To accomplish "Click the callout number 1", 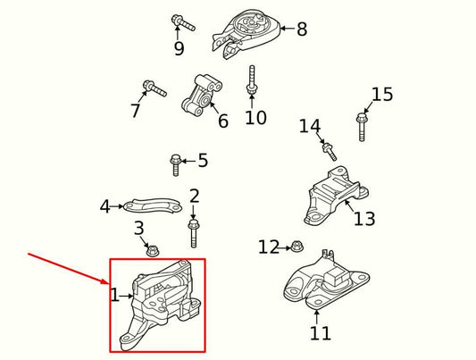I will (114, 295).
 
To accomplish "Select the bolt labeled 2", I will (193, 231).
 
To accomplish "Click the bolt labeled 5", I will (176, 164).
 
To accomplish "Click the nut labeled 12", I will (297, 247).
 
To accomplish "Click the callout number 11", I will (320, 333).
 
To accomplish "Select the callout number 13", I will (364, 219).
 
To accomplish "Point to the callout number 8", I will (302, 29).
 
